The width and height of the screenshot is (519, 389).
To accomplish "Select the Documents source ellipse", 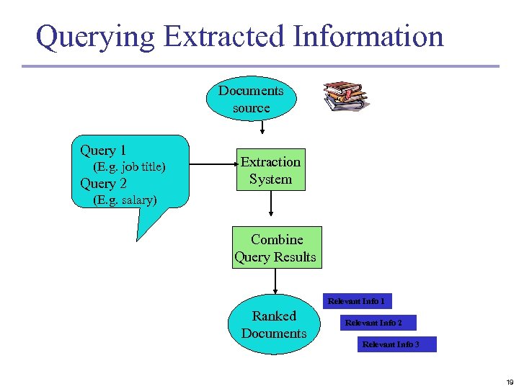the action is (251, 99).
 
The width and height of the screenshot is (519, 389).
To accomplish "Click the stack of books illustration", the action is (345, 97).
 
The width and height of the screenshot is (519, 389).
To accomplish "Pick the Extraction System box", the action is (270, 171).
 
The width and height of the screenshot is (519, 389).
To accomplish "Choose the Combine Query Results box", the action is (275, 248).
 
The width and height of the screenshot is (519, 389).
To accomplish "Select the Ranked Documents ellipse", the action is (274, 325).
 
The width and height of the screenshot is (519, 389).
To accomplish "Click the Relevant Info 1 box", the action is (356, 301).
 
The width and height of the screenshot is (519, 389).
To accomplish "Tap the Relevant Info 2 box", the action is (373, 323).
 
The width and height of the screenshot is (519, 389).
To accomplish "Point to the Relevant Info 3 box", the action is (391, 344).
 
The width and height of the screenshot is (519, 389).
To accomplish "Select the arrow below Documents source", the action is (263, 128).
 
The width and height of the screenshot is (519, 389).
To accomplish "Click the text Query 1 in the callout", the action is (103, 150).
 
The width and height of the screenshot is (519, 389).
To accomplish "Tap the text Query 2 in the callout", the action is (103, 183).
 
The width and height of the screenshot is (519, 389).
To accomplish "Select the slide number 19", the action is (509, 382).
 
